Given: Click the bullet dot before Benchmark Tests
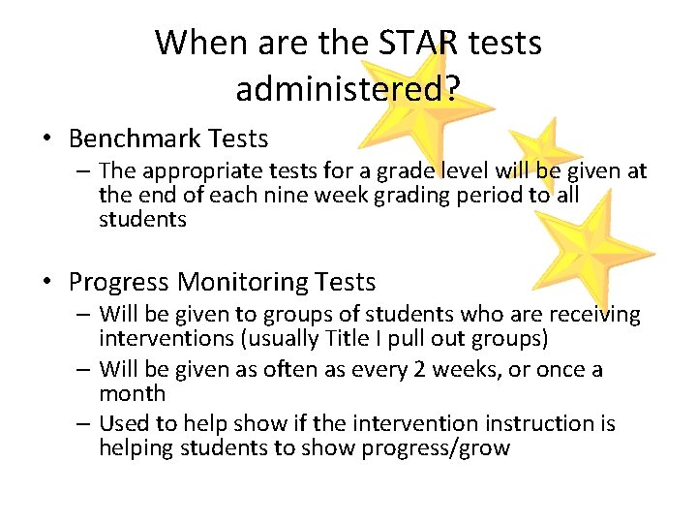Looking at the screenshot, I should pos(48,139).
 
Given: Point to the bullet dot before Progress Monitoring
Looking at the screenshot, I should pos(48,283).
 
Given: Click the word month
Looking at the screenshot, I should pos(132,394).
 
